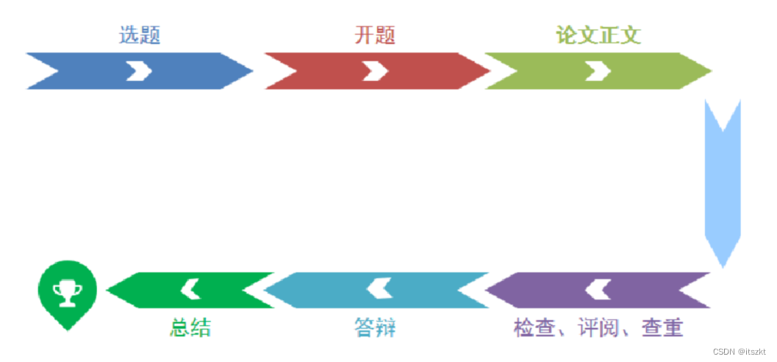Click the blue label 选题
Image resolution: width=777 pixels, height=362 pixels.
(x=140, y=35)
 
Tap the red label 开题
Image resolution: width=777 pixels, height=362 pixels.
(x=375, y=35)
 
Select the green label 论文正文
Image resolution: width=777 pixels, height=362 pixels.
(x=598, y=35)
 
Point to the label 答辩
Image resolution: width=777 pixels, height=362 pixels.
(x=374, y=327)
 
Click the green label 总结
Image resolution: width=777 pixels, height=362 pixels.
(x=190, y=327)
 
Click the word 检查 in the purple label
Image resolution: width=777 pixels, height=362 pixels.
(x=534, y=327)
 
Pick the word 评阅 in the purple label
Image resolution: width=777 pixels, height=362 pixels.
(x=598, y=327)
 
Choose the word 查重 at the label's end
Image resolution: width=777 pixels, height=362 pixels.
(x=662, y=327)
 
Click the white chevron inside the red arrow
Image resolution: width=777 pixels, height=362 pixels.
(x=375, y=71)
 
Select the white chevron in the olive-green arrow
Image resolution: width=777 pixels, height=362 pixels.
(x=598, y=71)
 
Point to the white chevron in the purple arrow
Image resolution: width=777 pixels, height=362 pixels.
(x=598, y=290)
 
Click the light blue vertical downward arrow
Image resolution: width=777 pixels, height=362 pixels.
(x=723, y=184)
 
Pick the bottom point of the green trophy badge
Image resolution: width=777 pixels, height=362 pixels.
(x=68, y=329)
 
